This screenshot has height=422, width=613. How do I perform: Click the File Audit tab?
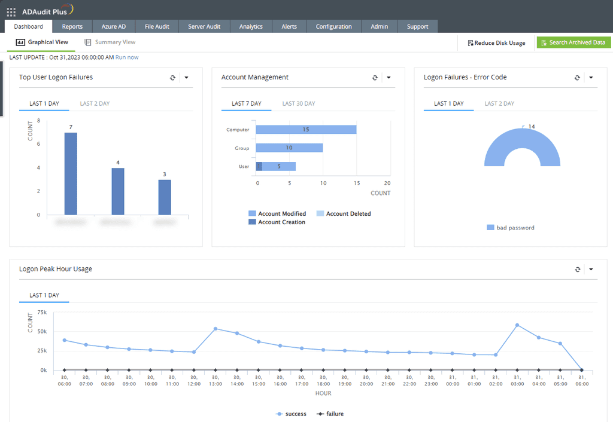(157, 26)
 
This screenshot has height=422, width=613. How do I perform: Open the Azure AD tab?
(113, 26)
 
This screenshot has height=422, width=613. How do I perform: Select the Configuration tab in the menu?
(333, 26)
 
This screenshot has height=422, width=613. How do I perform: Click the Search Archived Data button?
(573, 42)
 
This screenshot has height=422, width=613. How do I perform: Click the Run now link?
(127, 57)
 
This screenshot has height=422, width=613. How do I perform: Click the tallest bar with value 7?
(71, 173)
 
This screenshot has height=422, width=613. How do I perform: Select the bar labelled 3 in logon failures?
(165, 197)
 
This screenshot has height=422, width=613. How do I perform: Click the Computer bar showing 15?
(306, 130)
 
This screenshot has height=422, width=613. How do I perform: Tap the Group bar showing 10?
(289, 148)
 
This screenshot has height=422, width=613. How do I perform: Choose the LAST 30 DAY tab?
(299, 103)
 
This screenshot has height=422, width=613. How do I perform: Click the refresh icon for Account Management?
(375, 78)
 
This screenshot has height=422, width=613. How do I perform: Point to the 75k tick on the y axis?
(42, 312)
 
